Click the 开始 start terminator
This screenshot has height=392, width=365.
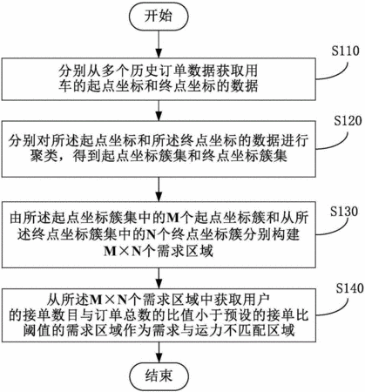tap(159, 17)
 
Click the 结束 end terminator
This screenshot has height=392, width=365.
tap(159, 375)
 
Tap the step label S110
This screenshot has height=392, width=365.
tap(346, 51)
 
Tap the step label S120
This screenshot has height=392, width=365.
tap(348, 121)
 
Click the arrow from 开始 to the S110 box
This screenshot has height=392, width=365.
tap(159, 44)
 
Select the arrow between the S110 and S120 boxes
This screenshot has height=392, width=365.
tap(159, 111)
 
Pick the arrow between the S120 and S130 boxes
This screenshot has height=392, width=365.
tap(159, 190)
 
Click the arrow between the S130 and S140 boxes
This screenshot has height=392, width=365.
tap(159, 278)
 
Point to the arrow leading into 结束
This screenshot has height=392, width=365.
tap(159, 353)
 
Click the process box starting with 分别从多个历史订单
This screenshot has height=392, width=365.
tap(159, 79)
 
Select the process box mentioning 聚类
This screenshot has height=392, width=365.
tap(159, 149)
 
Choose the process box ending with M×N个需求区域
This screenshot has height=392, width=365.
tap(159, 234)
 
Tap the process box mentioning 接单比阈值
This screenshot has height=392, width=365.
tap(159, 315)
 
